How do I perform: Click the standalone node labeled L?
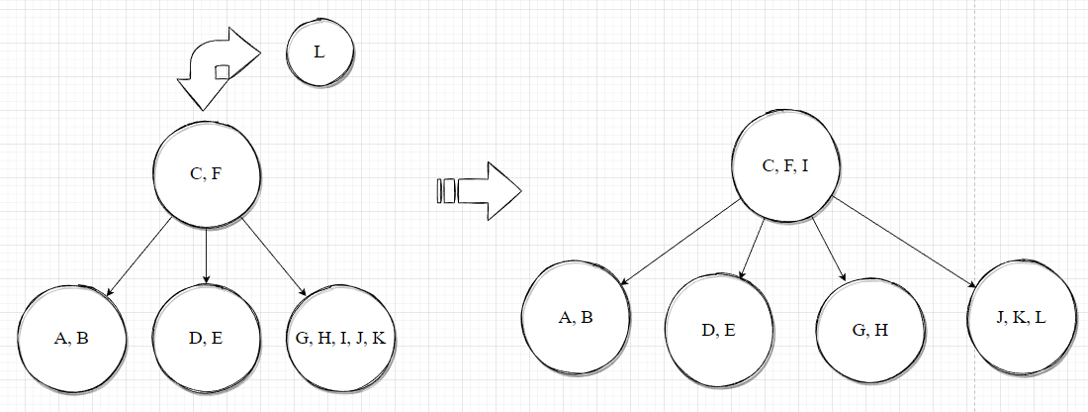[319, 52]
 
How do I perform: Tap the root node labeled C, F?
[206, 175]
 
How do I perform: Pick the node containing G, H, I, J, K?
[339, 339]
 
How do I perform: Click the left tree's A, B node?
[71, 339]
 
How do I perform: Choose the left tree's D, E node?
[205, 339]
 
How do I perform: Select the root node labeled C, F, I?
[785, 165]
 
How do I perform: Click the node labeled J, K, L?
[1023, 317]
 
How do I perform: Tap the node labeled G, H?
[869, 330]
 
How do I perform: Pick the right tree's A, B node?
[576, 318]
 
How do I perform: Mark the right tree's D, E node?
[719, 330]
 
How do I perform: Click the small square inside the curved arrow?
[223, 70]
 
